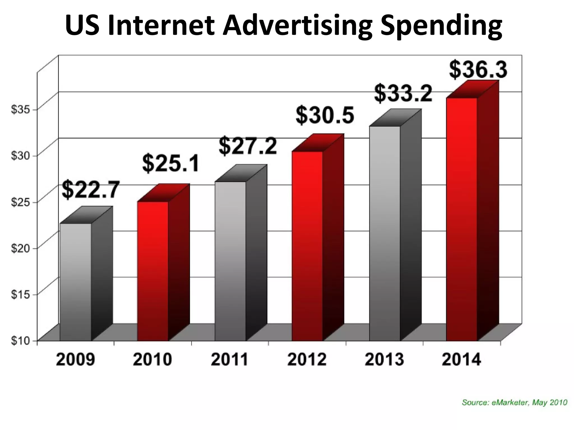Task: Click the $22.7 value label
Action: [91, 190]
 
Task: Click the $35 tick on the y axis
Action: [20, 110]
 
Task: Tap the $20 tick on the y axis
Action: [20, 248]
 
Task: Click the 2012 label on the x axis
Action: [307, 359]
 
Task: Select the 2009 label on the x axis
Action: [75, 359]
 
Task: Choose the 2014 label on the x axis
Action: [461, 359]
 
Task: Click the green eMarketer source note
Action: [514, 403]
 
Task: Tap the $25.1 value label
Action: [171, 163]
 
